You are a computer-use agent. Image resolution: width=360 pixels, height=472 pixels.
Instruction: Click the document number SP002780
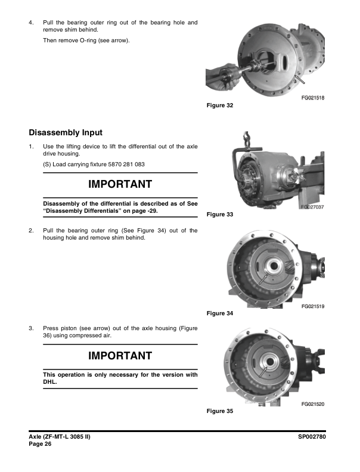coord(315,437)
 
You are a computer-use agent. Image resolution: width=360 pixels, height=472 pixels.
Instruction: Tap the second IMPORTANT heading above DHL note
coord(120,356)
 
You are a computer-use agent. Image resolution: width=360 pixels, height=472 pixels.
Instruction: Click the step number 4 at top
coord(31,23)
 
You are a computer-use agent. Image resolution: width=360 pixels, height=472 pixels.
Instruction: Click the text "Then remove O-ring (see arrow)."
coord(86,41)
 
